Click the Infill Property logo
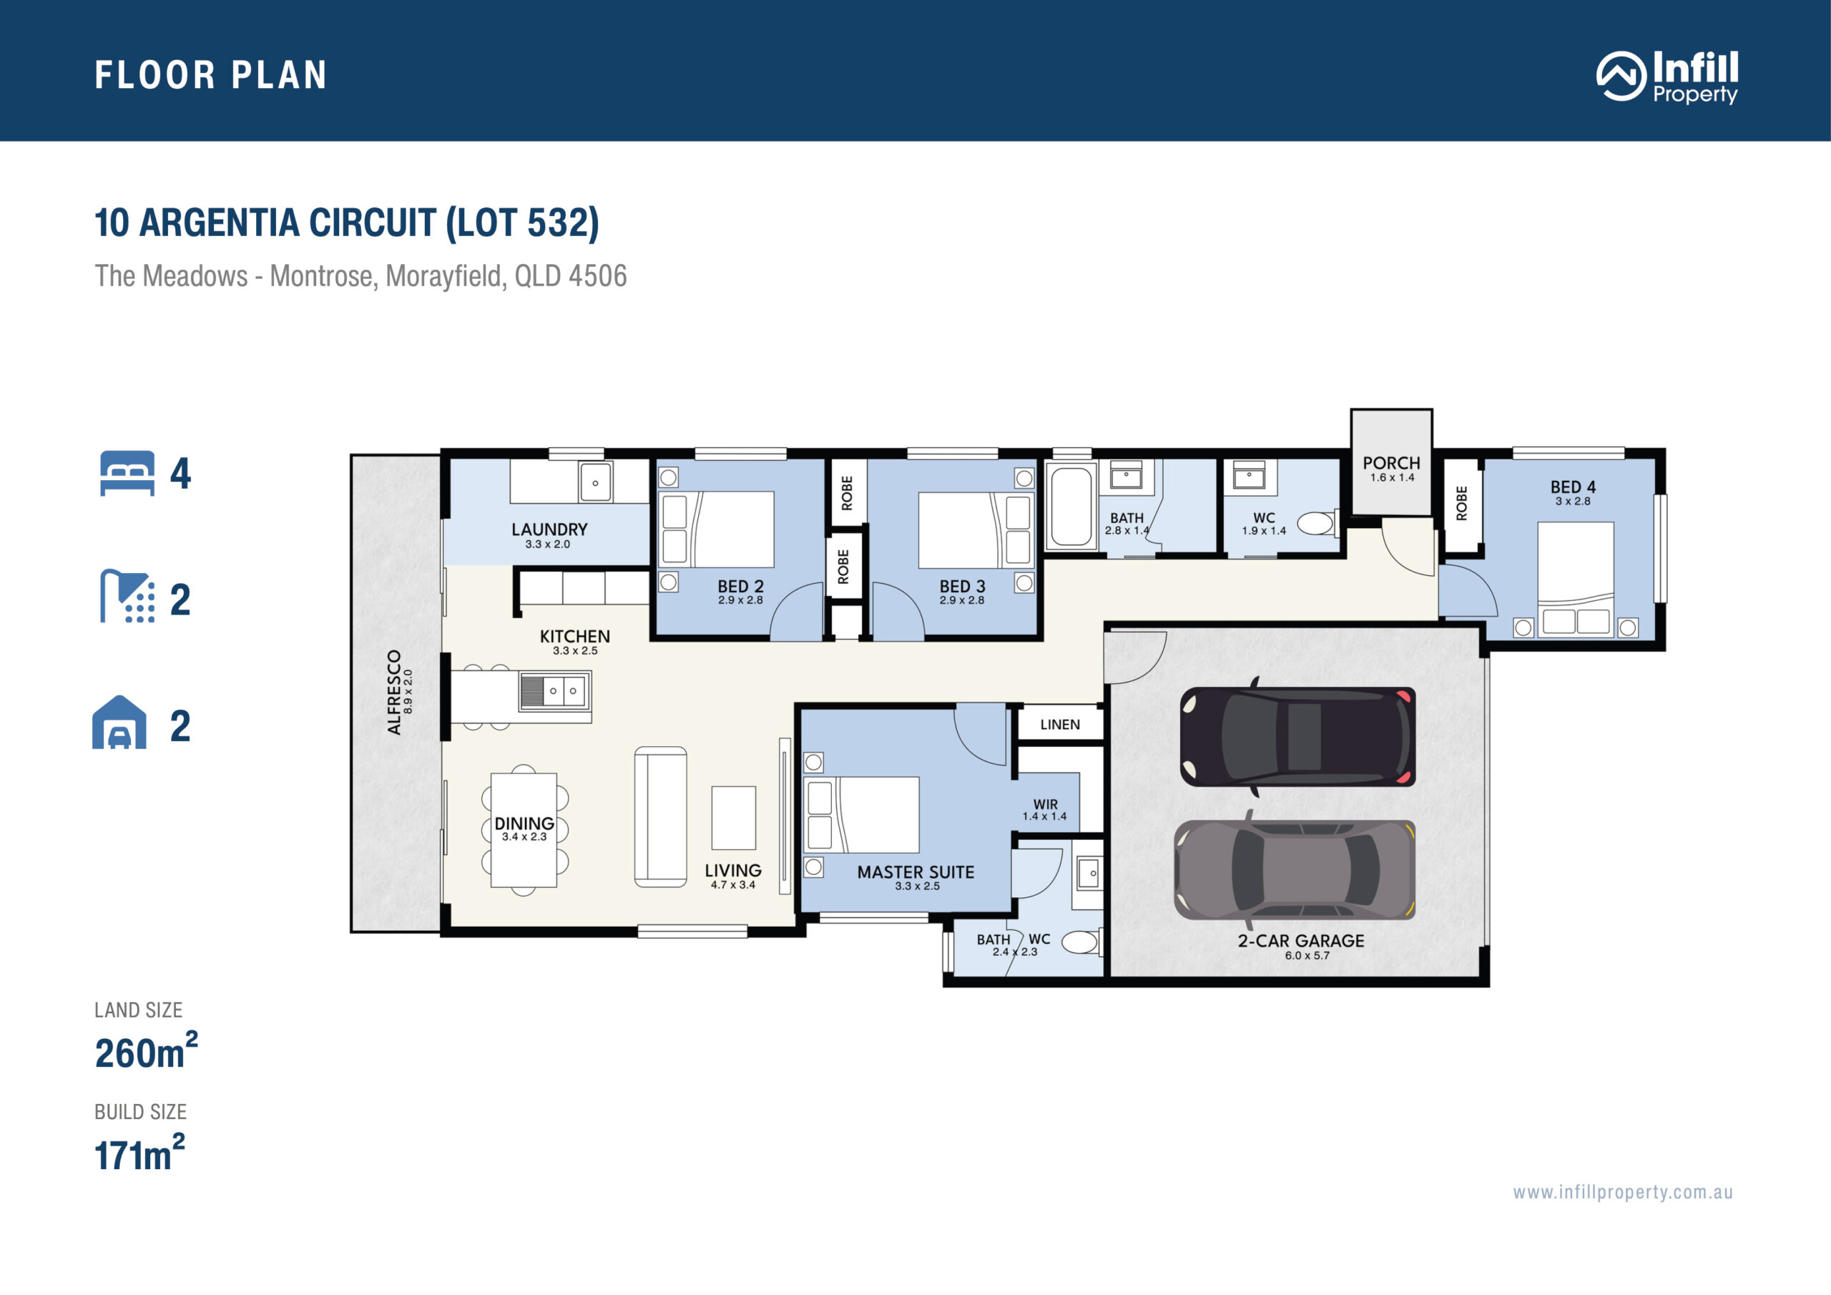point(1666,77)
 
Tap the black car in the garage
point(1297,736)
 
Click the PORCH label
point(1392,463)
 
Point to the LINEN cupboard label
point(1060,725)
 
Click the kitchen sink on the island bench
point(555,690)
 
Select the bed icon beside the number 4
point(127,473)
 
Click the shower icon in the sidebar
point(127,596)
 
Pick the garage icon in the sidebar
point(119,721)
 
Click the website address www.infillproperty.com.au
point(1623,1193)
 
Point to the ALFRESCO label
point(394,692)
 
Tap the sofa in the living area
point(660,817)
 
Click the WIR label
point(1046,804)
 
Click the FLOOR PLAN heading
point(210,75)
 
